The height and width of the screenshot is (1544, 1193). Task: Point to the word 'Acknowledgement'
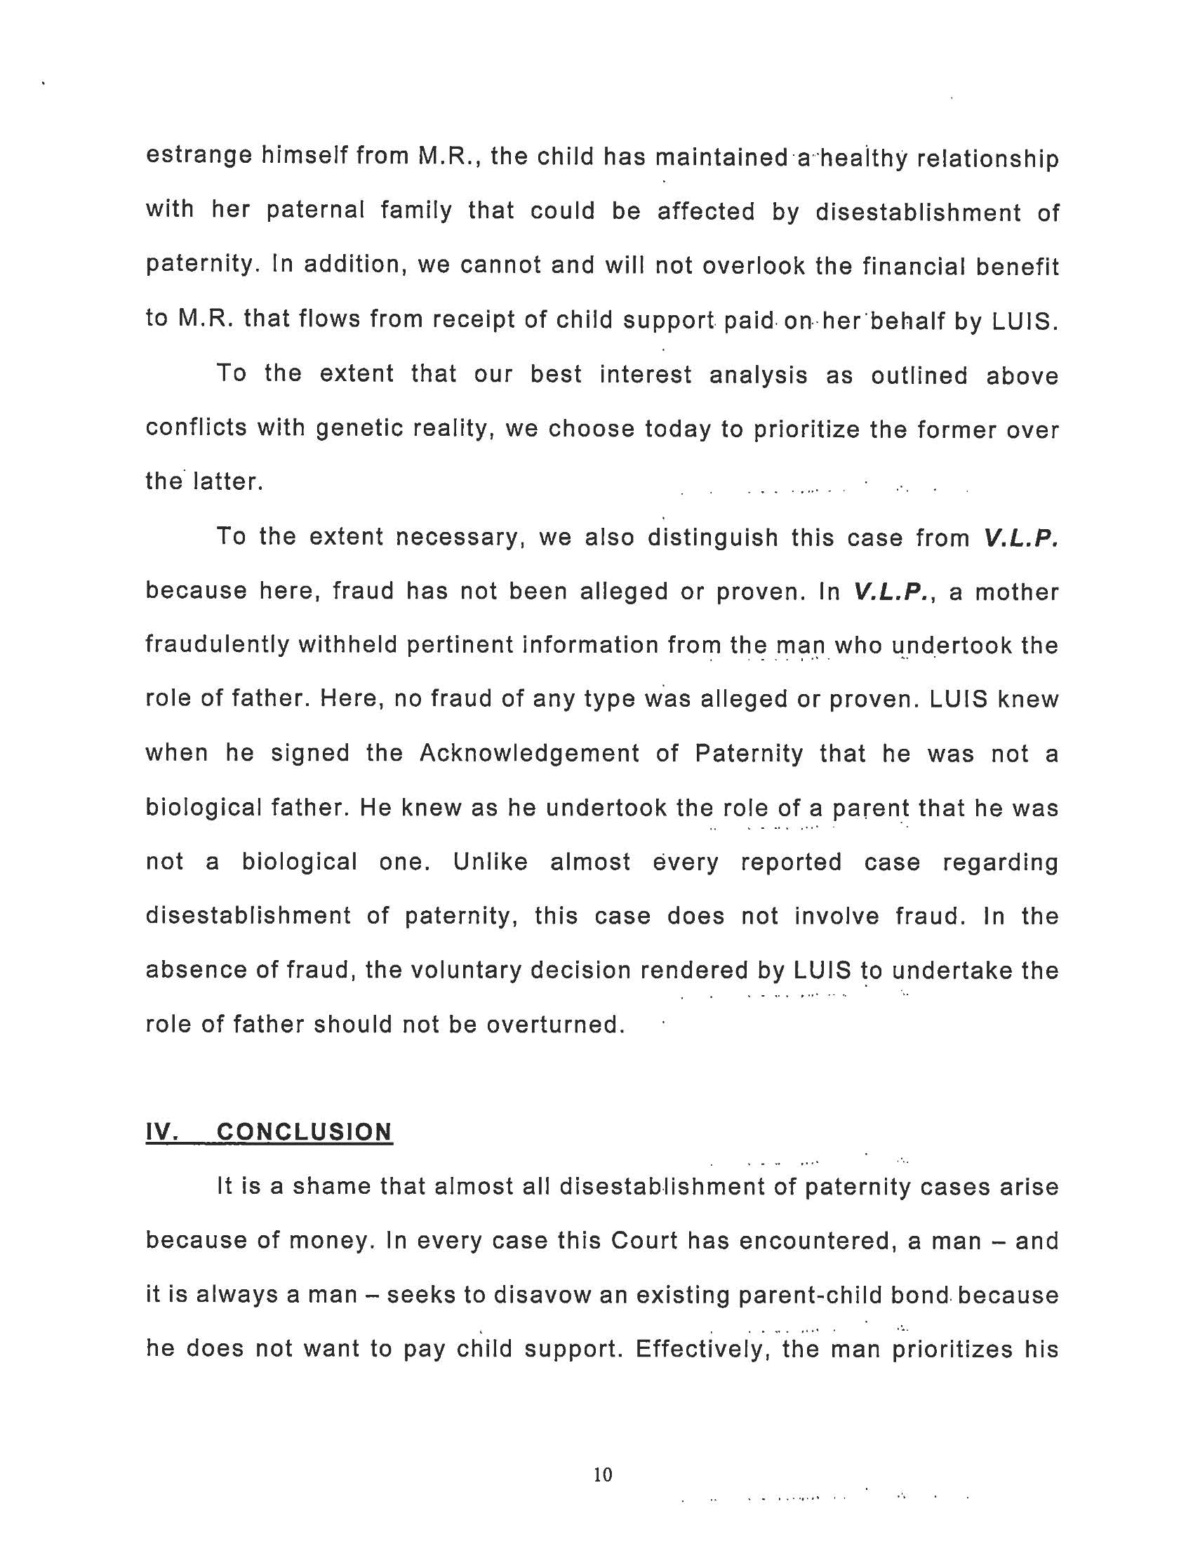pyautogui.click(x=529, y=754)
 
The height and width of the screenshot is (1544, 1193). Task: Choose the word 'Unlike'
pyautogui.click(x=491, y=863)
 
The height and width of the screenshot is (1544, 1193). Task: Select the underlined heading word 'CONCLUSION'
pyautogui.click(x=304, y=1132)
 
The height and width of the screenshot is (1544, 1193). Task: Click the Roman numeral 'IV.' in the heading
pyautogui.click(x=161, y=1132)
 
